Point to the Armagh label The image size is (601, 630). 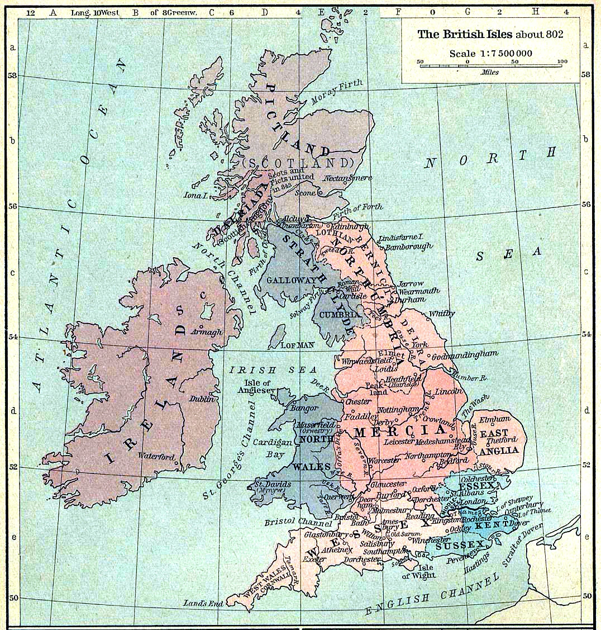tap(206, 331)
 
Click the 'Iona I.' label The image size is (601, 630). tap(195, 195)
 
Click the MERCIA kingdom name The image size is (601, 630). tap(400, 431)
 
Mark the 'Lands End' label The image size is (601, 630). tap(203, 603)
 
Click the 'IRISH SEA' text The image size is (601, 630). tap(274, 370)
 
